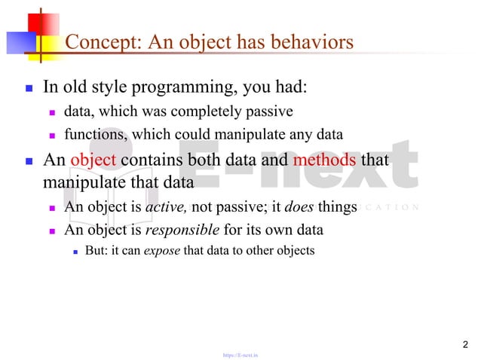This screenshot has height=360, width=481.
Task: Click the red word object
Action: [93, 160]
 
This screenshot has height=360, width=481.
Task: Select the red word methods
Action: [324, 160]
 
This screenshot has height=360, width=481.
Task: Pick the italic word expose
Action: [161, 251]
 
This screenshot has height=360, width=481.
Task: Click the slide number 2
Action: [464, 345]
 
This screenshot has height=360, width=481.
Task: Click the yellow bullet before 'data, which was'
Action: [53, 113]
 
